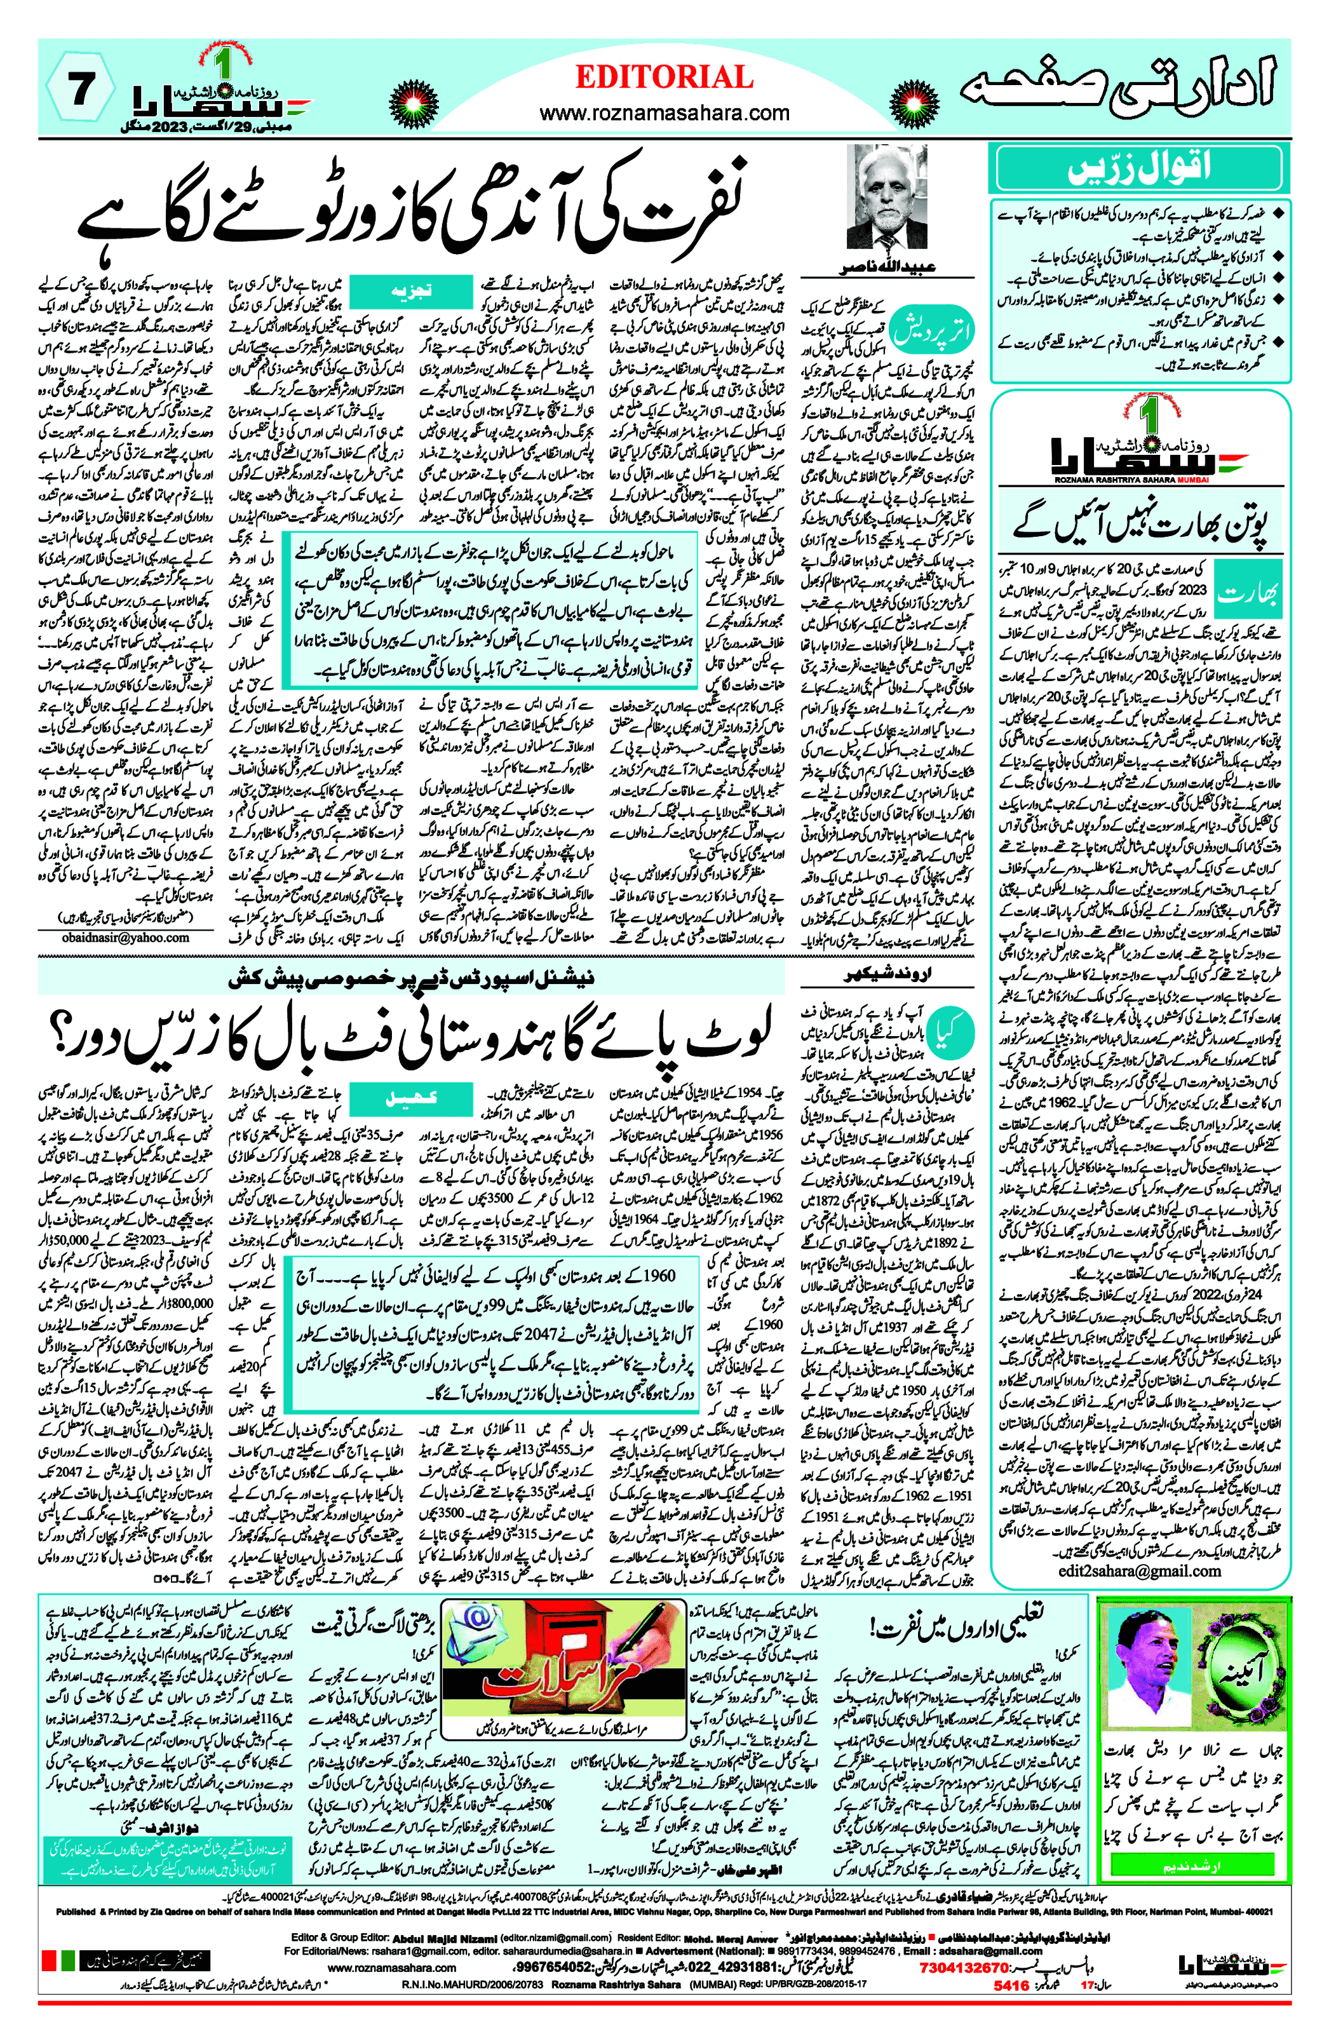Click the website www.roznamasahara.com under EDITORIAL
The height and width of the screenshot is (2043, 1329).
tap(664, 112)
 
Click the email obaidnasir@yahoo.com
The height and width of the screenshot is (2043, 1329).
tap(125, 938)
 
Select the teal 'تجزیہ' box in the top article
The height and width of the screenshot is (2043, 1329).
tap(411, 291)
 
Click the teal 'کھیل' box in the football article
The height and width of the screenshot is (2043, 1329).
tap(411, 1100)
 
